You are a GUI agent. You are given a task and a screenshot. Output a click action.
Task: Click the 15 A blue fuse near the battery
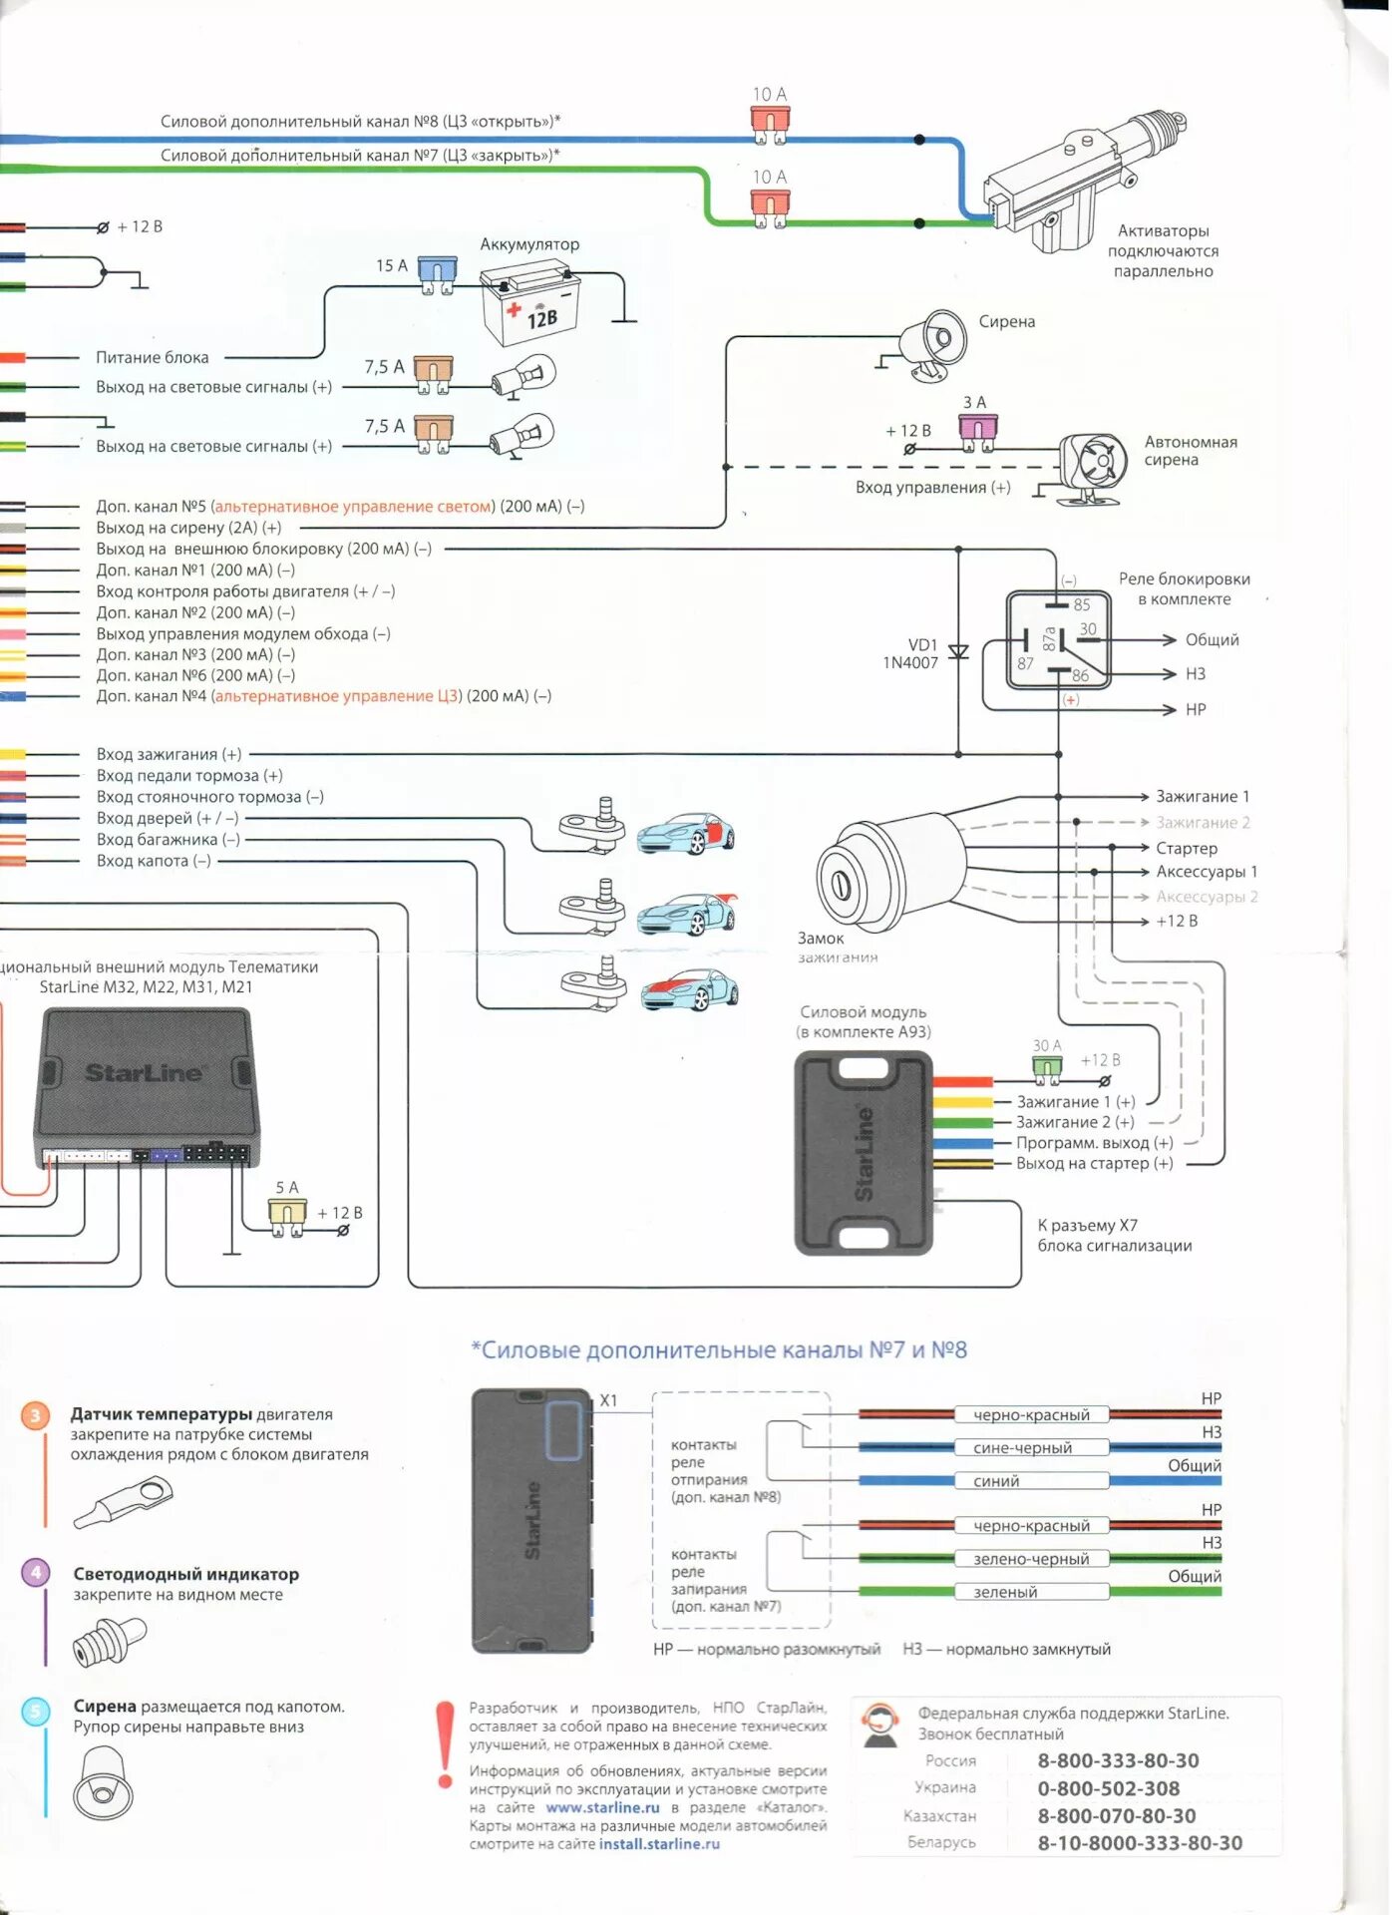coord(437,274)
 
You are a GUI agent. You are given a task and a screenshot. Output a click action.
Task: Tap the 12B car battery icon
coord(527,303)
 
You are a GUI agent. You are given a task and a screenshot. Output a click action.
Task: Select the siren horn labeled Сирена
coord(931,344)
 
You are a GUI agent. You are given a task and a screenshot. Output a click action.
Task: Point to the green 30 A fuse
coord(1046,1070)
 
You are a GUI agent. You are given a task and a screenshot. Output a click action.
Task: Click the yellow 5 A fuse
coord(287,1217)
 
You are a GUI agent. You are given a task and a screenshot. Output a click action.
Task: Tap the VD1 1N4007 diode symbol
coord(958,652)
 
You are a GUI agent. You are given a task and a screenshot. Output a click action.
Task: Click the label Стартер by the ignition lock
coord(1187,848)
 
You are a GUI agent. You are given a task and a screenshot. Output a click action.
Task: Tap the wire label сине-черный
coord(1022,1447)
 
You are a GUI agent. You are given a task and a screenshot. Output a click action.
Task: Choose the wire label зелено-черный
coord(1031,1558)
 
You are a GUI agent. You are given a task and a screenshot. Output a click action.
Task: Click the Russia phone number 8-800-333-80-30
coord(1118,1760)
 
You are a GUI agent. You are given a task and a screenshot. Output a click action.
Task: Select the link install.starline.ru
coord(659,1843)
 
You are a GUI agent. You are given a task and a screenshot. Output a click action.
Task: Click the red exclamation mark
coord(444,1744)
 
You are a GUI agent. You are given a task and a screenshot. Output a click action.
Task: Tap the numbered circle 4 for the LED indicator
coord(36,1573)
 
